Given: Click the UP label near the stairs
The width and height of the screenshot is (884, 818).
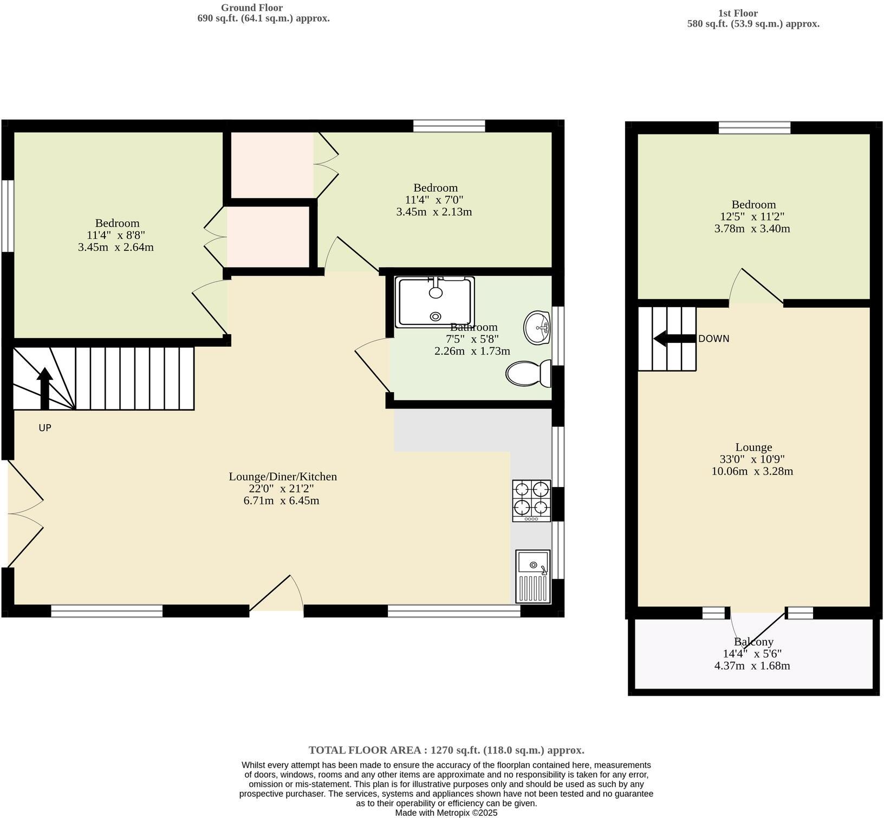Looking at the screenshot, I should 45,428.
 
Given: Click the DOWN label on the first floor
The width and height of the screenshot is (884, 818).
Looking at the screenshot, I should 713,339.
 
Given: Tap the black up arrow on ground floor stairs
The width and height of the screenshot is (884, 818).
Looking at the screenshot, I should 44,388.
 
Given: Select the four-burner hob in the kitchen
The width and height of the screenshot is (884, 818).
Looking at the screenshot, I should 531,501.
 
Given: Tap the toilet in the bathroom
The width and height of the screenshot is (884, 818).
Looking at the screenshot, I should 528,374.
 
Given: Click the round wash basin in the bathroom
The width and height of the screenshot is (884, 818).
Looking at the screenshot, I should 537,327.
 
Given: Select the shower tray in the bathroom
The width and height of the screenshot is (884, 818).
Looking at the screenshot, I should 435,302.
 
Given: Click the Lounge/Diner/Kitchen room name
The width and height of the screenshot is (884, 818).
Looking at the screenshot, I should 283,477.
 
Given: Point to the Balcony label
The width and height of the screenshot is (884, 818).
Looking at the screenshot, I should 753,642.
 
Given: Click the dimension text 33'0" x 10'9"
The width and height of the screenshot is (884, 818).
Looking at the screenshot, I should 752,459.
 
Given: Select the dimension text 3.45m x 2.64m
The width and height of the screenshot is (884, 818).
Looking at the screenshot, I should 115,248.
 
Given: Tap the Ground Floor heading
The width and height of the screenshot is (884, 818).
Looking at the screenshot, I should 251,8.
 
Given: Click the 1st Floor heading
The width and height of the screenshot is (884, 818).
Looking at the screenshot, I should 738,13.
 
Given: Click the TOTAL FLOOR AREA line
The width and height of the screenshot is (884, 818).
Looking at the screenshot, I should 446,750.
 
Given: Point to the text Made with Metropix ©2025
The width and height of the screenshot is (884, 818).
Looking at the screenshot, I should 446,813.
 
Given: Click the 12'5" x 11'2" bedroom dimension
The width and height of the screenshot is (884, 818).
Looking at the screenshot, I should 752,217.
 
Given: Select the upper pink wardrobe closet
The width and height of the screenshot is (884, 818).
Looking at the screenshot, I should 272,165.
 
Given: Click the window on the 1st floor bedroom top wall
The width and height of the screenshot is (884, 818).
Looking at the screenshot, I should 754,128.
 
